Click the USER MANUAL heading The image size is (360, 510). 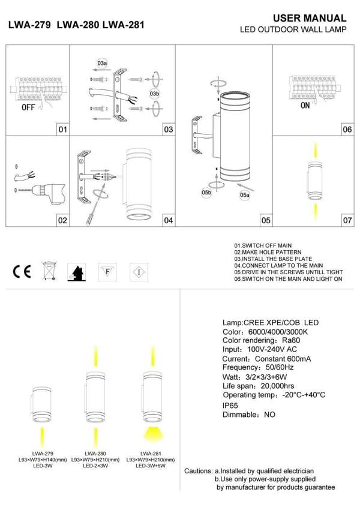tap(310, 19)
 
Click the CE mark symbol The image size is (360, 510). tap(22, 272)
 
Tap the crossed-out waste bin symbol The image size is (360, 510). tap(49, 272)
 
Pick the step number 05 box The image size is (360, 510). tap(265, 220)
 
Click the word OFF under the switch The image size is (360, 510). tap(28, 108)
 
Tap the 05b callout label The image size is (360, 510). tap(206, 192)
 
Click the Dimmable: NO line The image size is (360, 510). tap(248, 415)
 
